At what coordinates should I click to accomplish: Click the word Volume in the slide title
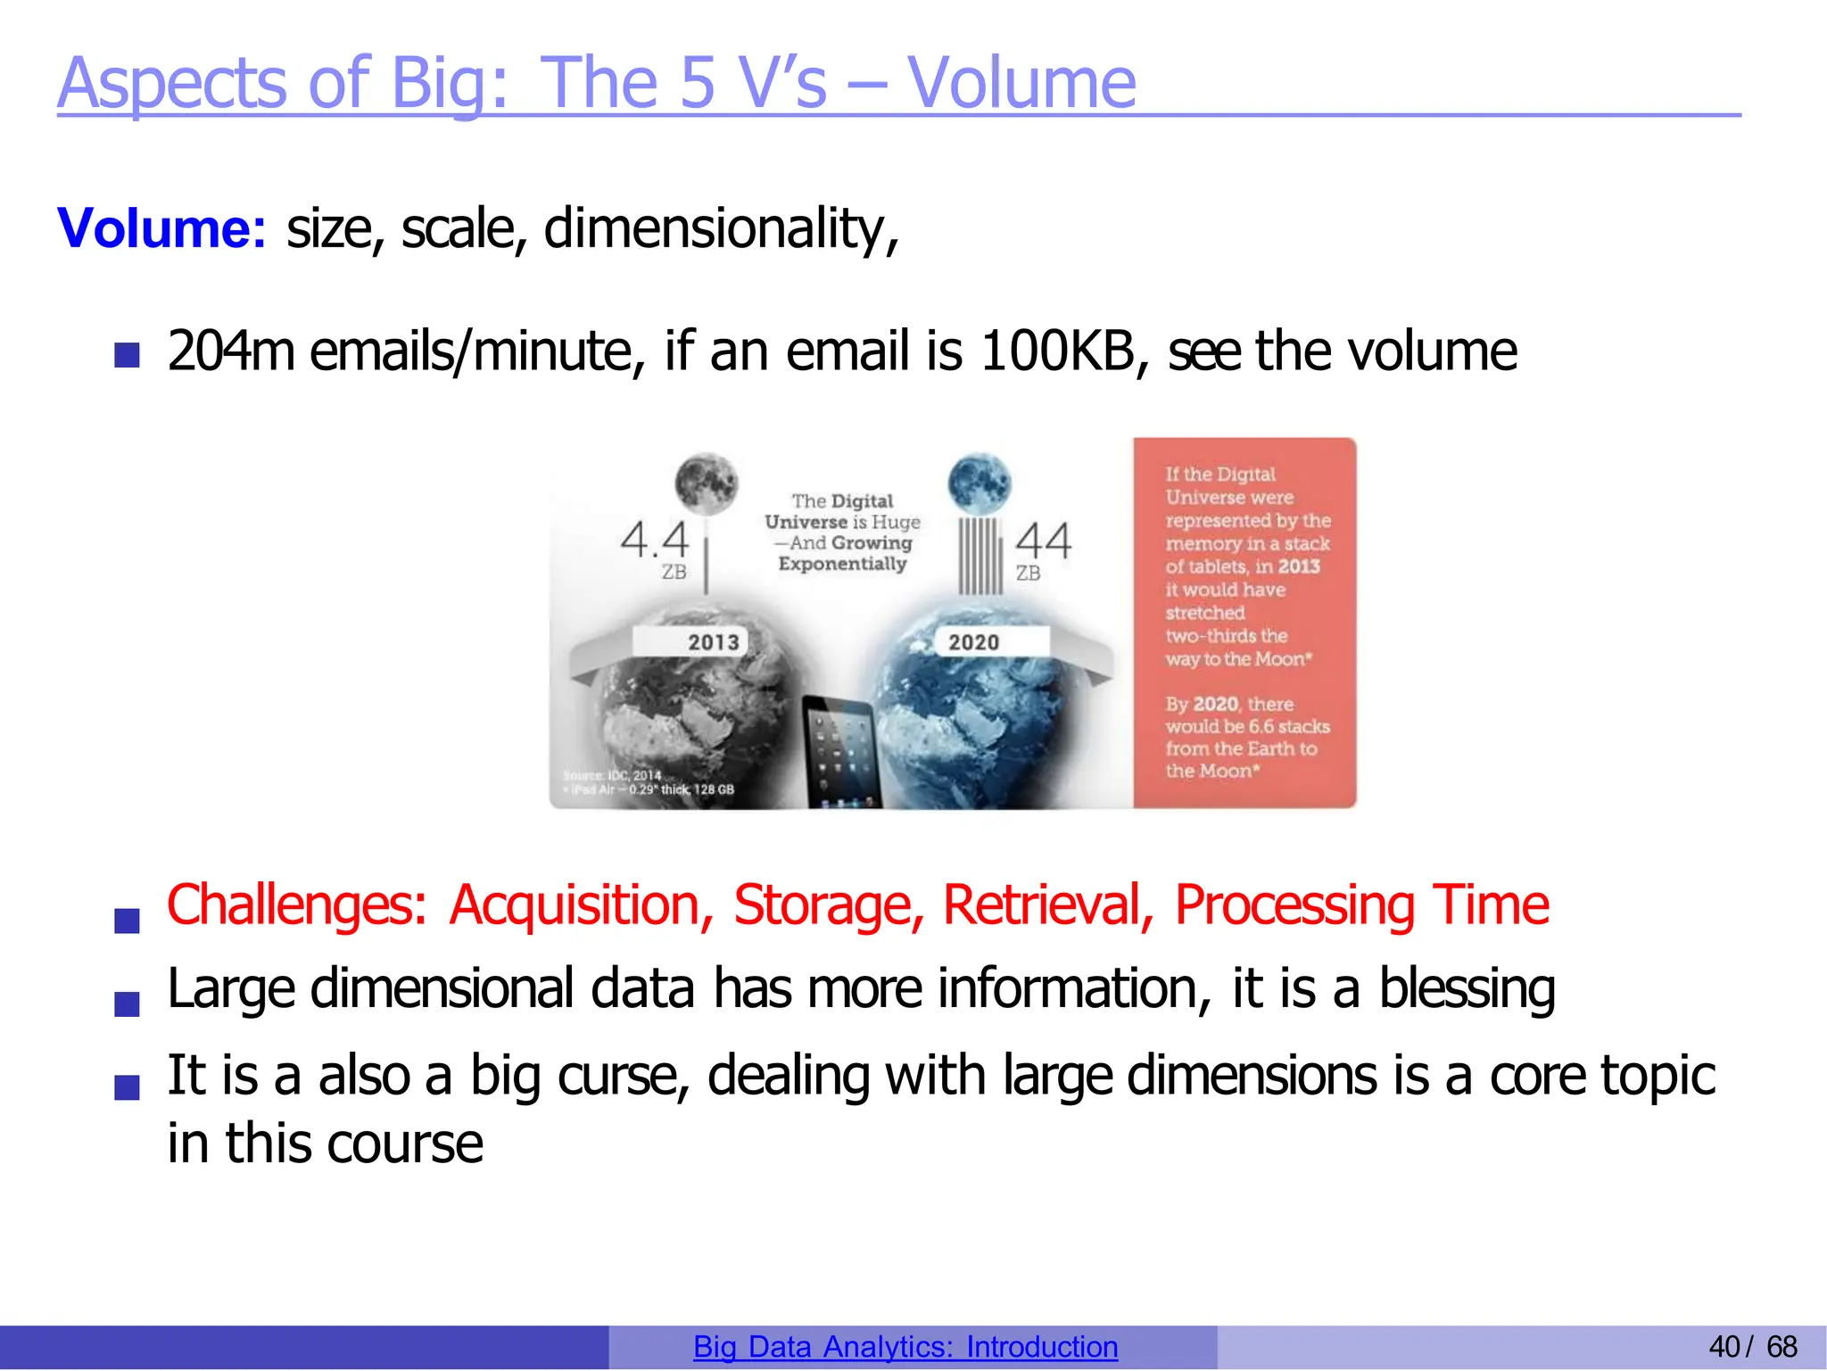coord(1021,83)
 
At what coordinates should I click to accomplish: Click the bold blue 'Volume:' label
coord(161,228)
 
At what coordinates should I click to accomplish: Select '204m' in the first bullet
coord(231,351)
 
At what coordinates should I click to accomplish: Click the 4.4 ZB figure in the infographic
coord(656,541)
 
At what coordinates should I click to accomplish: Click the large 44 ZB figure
coord(1043,541)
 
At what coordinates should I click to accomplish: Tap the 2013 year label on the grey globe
coord(713,642)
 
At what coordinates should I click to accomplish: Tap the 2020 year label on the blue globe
coord(973,642)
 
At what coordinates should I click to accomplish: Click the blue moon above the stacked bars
coord(979,484)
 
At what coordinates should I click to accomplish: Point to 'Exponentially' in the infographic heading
coord(842,564)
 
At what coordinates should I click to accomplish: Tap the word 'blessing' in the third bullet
coord(1467,989)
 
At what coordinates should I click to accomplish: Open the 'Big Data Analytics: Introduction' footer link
coord(905,1347)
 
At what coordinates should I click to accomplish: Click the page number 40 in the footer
coord(1724,1347)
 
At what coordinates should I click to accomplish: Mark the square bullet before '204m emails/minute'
coord(128,356)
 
